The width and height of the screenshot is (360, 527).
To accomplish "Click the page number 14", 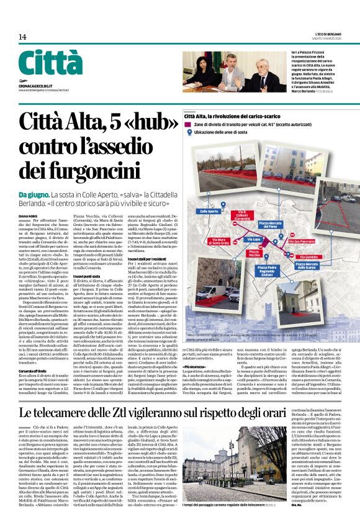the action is [22, 37].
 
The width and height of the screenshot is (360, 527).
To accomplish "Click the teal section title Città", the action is [50, 63].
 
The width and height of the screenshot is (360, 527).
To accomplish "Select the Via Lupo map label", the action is [254, 238].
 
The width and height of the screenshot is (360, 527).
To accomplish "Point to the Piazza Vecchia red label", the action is [254, 253].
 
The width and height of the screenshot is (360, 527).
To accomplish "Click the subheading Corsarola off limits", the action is [33, 368].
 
